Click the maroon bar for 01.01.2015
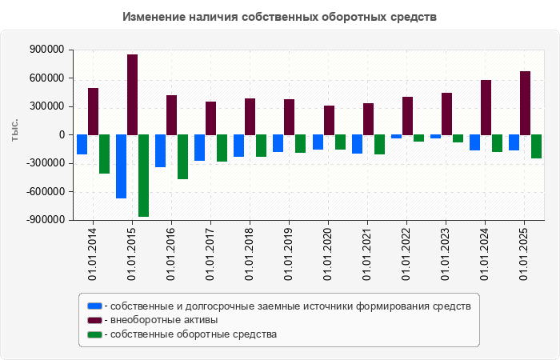pyautogui.click(x=133, y=94)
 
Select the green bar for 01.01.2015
pyautogui.click(x=144, y=175)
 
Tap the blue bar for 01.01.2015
pyautogui.click(x=122, y=166)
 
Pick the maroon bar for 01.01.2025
pyautogui.click(x=525, y=103)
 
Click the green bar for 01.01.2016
pyautogui.click(x=183, y=157)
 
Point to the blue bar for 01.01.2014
pyautogui.click(x=82, y=144)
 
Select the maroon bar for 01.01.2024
pyautogui.click(x=486, y=107)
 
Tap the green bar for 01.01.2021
pyautogui.click(x=379, y=144)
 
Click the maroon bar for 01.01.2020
pyautogui.click(x=329, y=120)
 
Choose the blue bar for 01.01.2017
pyautogui.click(x=200, y=148)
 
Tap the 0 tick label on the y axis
pyautogui.click(x=62, y=135)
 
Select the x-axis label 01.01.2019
pyautogui.click(x=289, y=253)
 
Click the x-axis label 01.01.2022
pyautogui.click(x=406, y=253)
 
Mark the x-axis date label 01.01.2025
pyautogui.click(x=524, y=253)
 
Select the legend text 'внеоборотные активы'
pyautogui.click(x=165, y=320)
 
